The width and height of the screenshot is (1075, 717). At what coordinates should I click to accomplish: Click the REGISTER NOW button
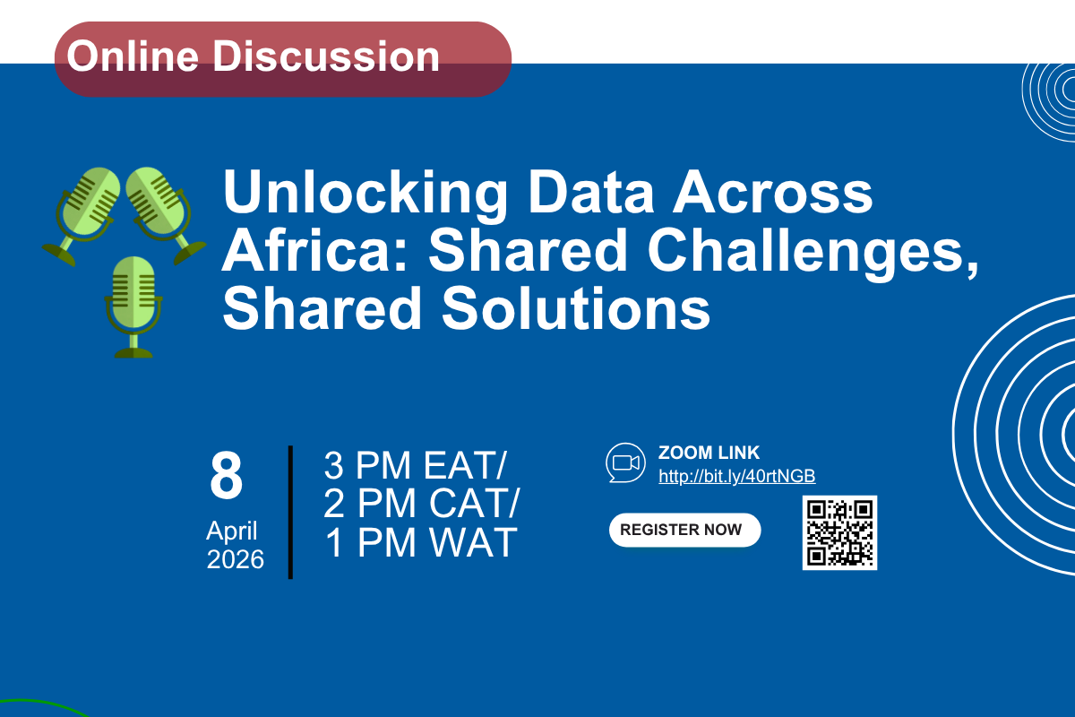[684, 530]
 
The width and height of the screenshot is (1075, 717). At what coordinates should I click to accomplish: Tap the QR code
[839, 532]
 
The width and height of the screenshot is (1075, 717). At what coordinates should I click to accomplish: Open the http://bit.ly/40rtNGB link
[736, 476]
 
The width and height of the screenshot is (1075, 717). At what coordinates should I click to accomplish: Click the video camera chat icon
[625, 462]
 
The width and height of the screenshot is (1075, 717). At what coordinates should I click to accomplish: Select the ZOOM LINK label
[709, 453]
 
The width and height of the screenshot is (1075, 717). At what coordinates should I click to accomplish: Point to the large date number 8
[226, 475]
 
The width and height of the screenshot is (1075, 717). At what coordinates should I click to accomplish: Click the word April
[232, 531]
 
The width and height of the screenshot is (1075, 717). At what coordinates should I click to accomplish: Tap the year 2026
[235, 559]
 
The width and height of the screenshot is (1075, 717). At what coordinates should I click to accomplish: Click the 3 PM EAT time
[415, 465]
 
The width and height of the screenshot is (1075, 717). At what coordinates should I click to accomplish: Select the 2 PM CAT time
[421, 504]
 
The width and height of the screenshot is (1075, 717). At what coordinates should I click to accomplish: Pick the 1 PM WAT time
[421, 542]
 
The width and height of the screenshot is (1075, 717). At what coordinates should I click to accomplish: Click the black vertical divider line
[290, 512]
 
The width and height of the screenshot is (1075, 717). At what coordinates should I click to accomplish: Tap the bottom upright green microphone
[133, 307]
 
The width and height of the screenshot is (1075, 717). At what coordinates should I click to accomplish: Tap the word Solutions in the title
[575, 307]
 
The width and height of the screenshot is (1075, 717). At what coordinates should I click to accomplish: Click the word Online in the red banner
[133, 56]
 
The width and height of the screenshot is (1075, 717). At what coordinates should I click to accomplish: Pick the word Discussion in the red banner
[326, 56]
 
